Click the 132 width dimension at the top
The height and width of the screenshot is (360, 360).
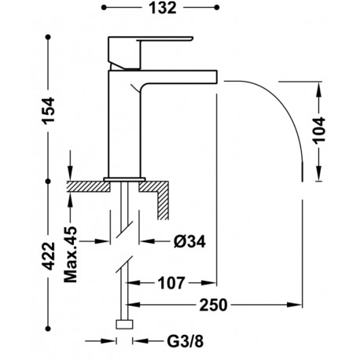click(x=163, y=8)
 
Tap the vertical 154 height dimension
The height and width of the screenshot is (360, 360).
click(x=49, y=110)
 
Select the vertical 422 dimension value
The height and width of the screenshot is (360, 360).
click(x=49, y=256)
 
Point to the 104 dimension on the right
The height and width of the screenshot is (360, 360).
click(x=319, y=130)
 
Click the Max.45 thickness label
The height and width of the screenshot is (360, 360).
click(x=71, y=255)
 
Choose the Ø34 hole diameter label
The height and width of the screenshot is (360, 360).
click(x=189, y=241)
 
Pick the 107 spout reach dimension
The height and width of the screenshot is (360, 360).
click(x=171, y=283)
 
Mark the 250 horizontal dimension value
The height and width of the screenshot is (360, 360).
click(x=213, y=305)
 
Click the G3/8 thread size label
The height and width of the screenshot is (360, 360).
click(x=186, y=341)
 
